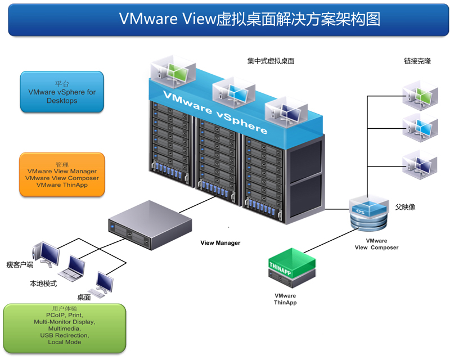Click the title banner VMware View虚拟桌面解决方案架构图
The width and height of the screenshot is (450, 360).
coord(228,19)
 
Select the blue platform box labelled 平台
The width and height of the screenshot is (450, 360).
coord(62,92)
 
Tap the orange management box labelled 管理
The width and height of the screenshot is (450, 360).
coord(62,174)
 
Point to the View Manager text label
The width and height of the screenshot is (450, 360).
coord(220,243)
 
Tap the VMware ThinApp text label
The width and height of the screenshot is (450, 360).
coord(285,299)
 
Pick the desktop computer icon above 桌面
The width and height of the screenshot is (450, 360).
coord(103,284)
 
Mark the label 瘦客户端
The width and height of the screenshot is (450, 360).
coord(20,264)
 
